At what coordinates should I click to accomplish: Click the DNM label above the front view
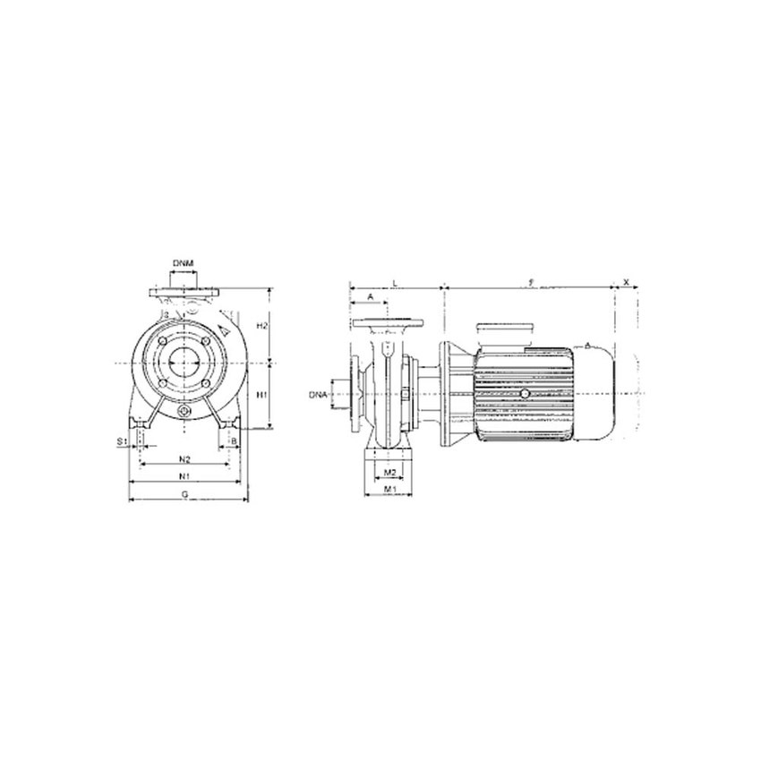click(184, 262)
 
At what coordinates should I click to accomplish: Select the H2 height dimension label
click(261, 326)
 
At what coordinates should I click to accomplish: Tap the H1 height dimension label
click(261, 394)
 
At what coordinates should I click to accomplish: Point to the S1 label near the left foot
click(122, 441)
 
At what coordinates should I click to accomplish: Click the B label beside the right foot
click(235, 441)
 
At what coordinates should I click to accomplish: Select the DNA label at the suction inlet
click(318, 394)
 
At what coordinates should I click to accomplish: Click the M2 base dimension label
click(389, 471)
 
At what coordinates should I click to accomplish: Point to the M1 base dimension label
click(389, 490)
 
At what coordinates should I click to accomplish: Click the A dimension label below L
click(370, 296)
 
